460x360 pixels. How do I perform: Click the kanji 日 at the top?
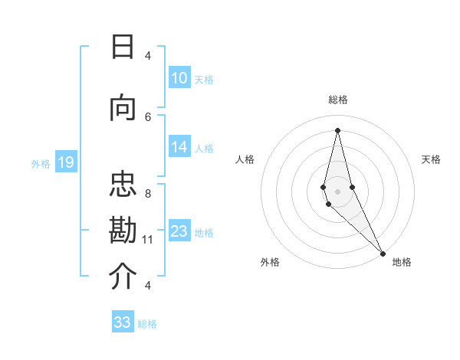(123, 47)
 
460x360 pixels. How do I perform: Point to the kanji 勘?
(123, 231)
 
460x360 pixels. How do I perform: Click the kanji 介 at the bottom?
(123, 277)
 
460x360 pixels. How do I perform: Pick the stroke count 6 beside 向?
(148, 116)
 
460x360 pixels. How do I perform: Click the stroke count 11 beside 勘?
(148, 240)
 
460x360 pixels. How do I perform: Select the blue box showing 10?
(179, 78)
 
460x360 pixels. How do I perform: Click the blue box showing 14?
(179, 148)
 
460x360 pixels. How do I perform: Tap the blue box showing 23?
(179, 231)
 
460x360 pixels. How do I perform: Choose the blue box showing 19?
(65, 162)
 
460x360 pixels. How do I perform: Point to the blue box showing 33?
(123, 322)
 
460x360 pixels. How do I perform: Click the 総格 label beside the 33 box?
(148, 324)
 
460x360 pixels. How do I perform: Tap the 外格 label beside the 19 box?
(41, 163)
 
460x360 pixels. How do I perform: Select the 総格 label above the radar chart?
(338, 100)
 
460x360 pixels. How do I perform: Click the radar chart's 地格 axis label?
(402, 262)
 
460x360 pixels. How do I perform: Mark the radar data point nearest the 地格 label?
(382, 253)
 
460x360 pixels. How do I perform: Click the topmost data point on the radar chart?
(337, 129)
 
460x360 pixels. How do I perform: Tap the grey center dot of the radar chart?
(337, 191)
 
